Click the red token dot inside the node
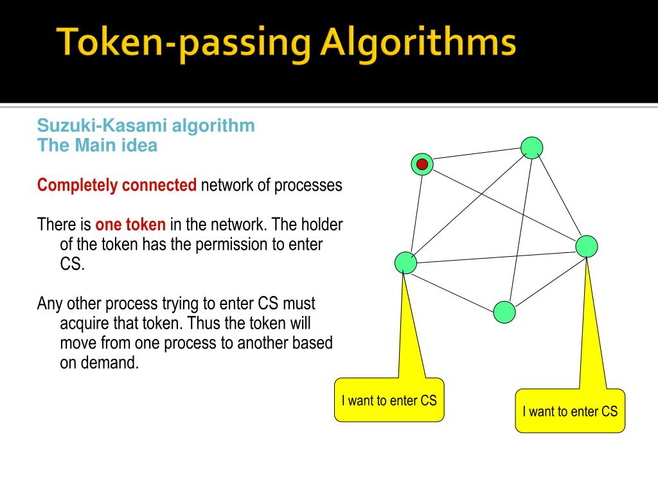tap(422, 164)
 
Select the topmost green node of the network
tap(531, 148)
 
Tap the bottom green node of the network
tap(504, 312)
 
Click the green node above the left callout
tap(406, 263)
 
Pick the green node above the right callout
tap(586, 246)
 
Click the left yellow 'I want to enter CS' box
tap(389, 400)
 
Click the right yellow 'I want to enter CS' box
tap(570, 411)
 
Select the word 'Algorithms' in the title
tap(418, 42)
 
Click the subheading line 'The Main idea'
tap(98, 145)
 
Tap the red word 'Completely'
tap(77, 186)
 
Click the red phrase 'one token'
tap(130, 224)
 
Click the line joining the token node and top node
tap(477, 153)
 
